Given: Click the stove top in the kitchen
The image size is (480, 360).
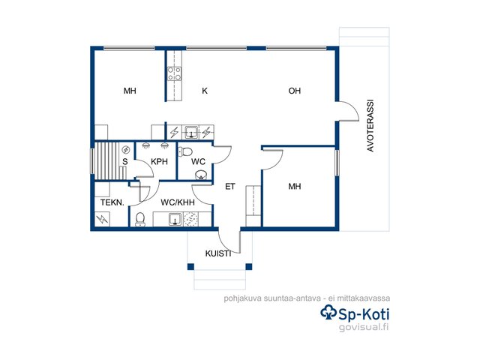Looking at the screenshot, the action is point(174,74).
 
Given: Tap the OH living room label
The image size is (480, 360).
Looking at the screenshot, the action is point(295,91).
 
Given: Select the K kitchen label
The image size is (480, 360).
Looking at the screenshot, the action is point(205,91).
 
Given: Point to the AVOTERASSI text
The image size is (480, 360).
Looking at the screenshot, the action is point(370,125).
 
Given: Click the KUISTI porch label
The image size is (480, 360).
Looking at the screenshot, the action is point(218,253).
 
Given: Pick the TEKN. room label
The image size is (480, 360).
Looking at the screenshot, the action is point(112,202).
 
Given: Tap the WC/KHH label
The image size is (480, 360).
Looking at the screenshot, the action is point(178,202).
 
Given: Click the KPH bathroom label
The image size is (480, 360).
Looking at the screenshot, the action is point(159,162).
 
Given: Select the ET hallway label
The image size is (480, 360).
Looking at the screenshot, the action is point(230,187).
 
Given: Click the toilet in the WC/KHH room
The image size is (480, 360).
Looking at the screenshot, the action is point(140,219).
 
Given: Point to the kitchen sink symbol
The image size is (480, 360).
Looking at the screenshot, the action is point(191,132).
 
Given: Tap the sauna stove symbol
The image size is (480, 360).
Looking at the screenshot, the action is point(126,150).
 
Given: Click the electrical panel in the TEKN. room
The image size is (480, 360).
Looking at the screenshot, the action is point(102,219).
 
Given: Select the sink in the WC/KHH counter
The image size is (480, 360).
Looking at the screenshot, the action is point(175,220).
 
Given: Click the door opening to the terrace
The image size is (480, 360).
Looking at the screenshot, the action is point(348,111).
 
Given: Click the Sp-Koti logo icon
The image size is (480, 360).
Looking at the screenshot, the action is point(328,313).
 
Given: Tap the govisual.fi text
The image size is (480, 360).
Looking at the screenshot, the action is point(364,327).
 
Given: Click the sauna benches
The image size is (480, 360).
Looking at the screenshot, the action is point(106,160).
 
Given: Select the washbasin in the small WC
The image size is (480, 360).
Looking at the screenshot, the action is point(201,175).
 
